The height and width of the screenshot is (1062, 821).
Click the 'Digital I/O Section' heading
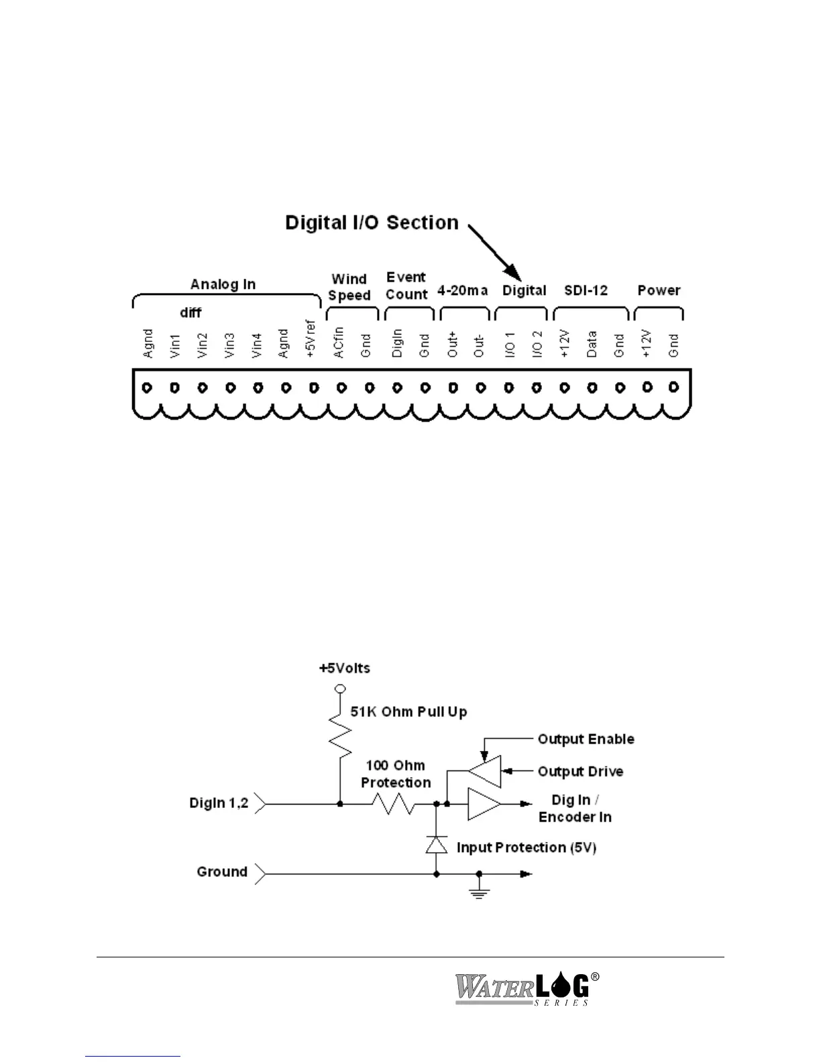coord(372,223)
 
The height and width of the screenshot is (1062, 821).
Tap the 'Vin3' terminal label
coord(230,343)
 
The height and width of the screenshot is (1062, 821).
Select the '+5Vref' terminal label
coord(311,339)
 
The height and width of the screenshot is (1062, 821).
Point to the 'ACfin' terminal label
coord(339,342)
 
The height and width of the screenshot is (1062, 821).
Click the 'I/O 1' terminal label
coord(509,343)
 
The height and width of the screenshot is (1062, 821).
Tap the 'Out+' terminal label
coord(453,343)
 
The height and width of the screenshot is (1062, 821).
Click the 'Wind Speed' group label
coord(349,287)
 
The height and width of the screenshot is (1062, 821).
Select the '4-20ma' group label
coord(463,290)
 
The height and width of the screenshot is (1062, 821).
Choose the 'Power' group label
coord(659,290)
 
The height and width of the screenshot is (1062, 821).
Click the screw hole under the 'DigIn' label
coord(397,388)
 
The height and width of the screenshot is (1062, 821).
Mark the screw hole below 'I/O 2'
coord(537,388)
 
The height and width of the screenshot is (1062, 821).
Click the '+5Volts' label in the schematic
coord(344,668)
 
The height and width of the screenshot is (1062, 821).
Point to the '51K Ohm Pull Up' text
coord(408,711)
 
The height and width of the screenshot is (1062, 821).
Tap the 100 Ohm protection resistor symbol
coord(397,803)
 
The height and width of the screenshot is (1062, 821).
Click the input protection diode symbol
coord(437,845)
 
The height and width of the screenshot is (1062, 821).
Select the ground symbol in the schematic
coord(478,890)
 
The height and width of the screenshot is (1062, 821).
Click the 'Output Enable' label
coord(586,739)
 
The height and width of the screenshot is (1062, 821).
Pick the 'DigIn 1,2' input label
coord(219,803)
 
